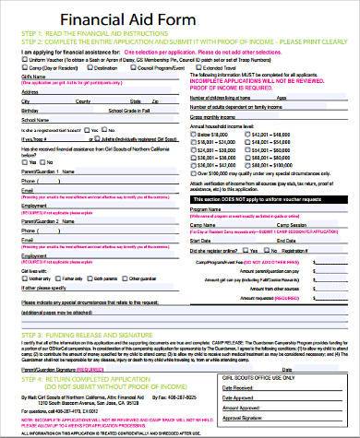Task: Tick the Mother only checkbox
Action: [23, 276]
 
